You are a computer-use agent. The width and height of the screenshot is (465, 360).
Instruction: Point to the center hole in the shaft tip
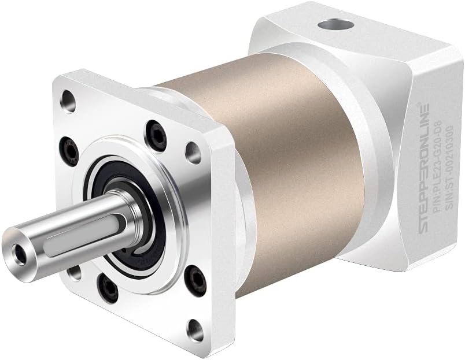point(21,251)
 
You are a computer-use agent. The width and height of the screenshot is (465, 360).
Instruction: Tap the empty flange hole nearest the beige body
point(192,151)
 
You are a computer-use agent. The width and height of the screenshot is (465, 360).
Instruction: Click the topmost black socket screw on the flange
point(155,129)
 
